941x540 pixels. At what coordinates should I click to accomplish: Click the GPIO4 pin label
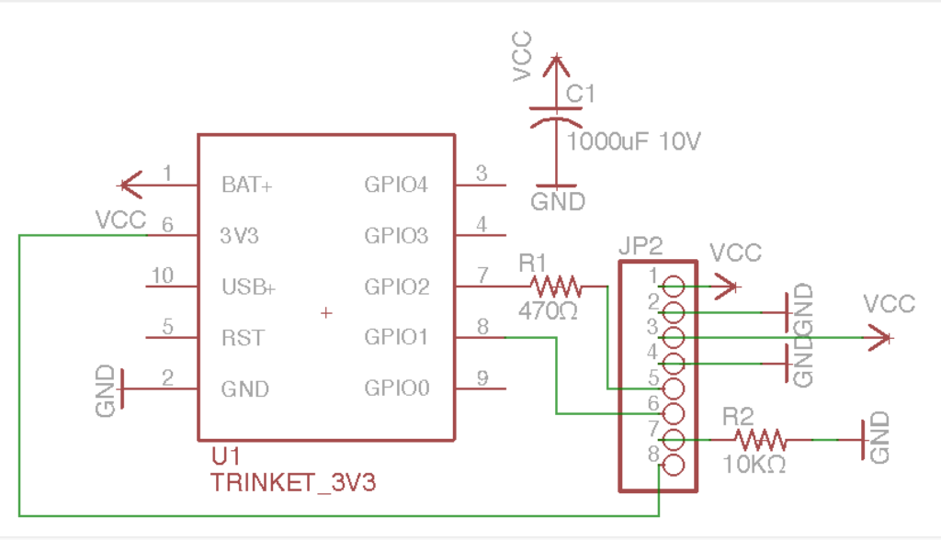[x=396, y=185]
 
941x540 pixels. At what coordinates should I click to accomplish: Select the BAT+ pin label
[x=247, y=185]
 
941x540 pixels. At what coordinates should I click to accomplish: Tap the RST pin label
[x=243, y=338]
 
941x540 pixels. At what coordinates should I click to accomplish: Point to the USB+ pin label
[x=248, y=287]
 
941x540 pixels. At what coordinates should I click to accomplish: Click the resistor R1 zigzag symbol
[x=555, y=287]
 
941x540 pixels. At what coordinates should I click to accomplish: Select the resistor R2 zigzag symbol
[x=757, y=440]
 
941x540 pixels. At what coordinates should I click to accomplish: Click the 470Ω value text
[x=548, y=310]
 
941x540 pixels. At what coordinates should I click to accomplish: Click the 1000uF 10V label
[x=634, y=142]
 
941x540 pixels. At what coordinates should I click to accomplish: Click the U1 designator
[x=225, y=456]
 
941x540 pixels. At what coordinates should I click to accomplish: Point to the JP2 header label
[x=641, y=246]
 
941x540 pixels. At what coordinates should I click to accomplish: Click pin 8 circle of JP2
[x=674, y=465]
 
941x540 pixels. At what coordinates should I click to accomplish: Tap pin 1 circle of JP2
[x=674, y=287]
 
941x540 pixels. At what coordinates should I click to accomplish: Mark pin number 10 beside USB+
[x=162, y=275]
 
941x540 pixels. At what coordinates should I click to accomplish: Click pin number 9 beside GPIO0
[x=482, y=377]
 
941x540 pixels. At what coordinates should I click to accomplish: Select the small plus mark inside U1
[x=325, y=313]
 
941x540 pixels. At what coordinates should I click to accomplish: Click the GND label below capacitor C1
[x=558, y=201]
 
